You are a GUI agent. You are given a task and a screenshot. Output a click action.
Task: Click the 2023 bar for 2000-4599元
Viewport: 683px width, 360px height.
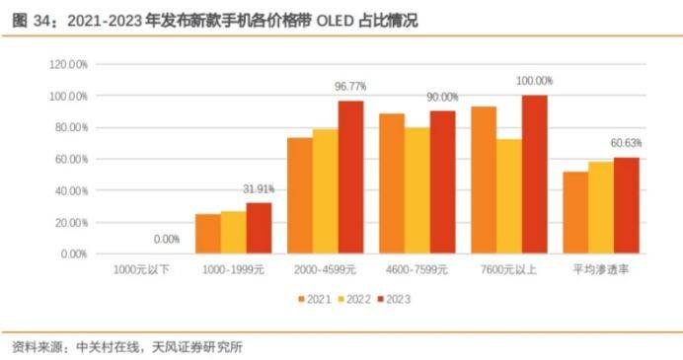pos(350,178)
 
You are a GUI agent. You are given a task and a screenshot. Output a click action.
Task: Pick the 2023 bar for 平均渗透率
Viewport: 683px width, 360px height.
pos(626,205)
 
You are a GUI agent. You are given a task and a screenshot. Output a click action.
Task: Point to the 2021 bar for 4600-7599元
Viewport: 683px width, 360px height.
pos(391,183)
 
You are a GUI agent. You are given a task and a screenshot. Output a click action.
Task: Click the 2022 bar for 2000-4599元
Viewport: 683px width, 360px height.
pos(325,191)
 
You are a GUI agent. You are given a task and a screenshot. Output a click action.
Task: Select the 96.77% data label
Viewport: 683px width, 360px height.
pos(352,87)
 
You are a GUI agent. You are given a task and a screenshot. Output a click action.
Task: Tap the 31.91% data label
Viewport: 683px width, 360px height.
pos(258,188)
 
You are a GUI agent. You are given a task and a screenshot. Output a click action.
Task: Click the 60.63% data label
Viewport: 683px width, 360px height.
pos(628,144)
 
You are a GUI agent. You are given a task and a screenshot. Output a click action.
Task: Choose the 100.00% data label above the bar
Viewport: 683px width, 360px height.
pos(534,81)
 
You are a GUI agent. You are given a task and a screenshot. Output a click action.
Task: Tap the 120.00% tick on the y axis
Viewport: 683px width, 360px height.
pos(68,64)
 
